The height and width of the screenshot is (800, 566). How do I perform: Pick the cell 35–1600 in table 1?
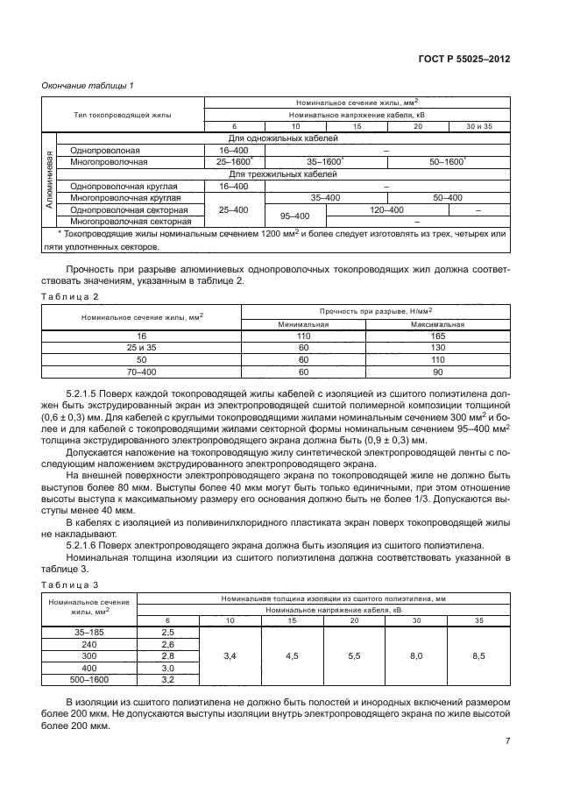coord(324,162)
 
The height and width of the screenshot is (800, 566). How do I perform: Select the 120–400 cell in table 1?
coord(386,210)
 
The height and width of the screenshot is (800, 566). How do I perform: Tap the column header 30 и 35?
coord(479,126)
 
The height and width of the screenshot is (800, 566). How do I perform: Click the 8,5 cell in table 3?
coord(478,655)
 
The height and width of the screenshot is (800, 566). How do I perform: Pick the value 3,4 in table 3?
coord(230,655)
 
